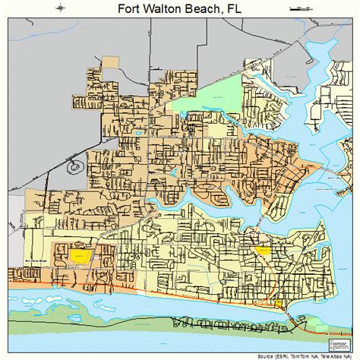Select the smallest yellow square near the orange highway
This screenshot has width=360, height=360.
(278, 303)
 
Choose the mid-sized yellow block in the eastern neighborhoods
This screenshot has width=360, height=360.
(263, 251)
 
